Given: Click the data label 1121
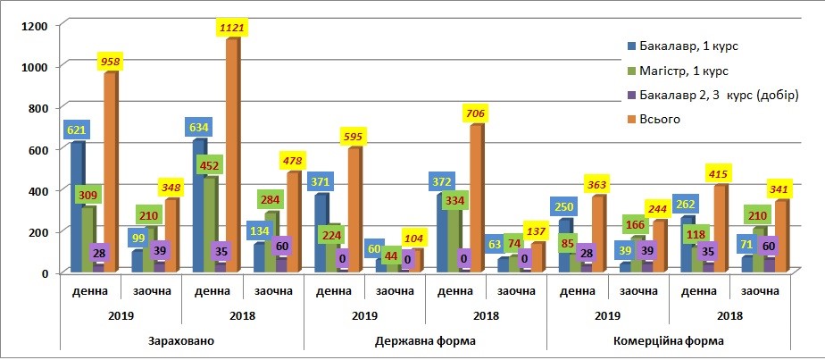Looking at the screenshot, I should click(x=231, y=29).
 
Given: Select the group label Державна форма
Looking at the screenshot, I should click(x=424, y=340).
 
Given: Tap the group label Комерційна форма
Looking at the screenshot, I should click(x=667, y=340).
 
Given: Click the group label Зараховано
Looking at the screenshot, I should click(x=181, y=340).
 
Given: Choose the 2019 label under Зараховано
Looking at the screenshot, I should click(x=121, y=315).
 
